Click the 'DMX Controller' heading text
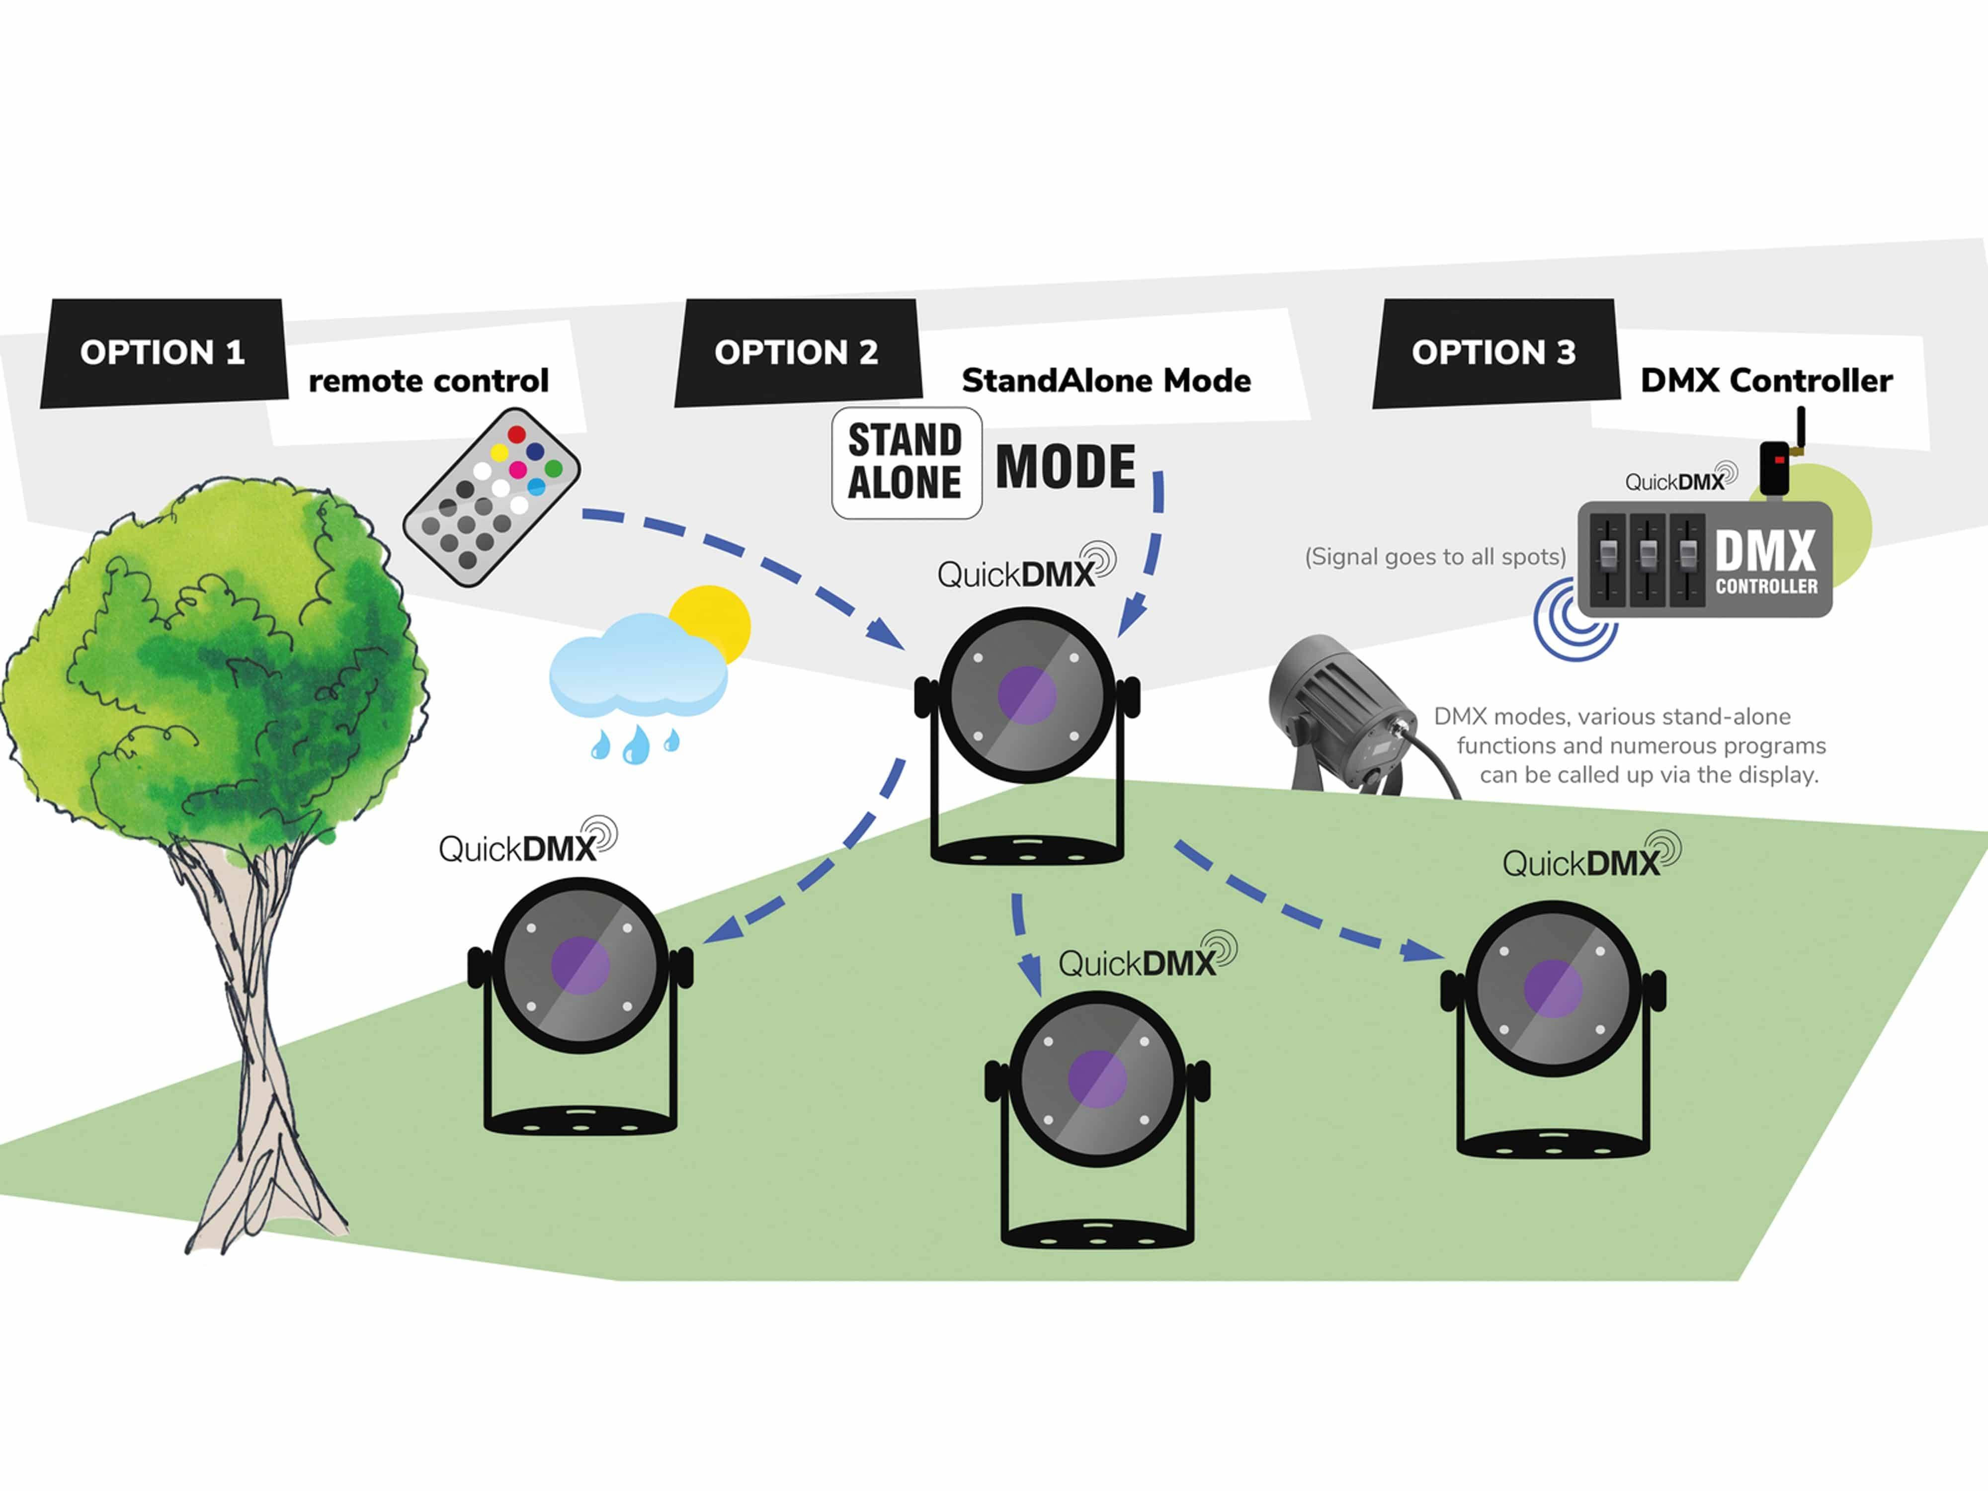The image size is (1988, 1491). tap(1766, 381)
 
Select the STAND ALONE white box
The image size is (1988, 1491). tap(906, 463)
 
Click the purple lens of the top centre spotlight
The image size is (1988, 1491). tap(1026, 695)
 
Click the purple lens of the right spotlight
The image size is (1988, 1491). tap(1553, 989)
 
